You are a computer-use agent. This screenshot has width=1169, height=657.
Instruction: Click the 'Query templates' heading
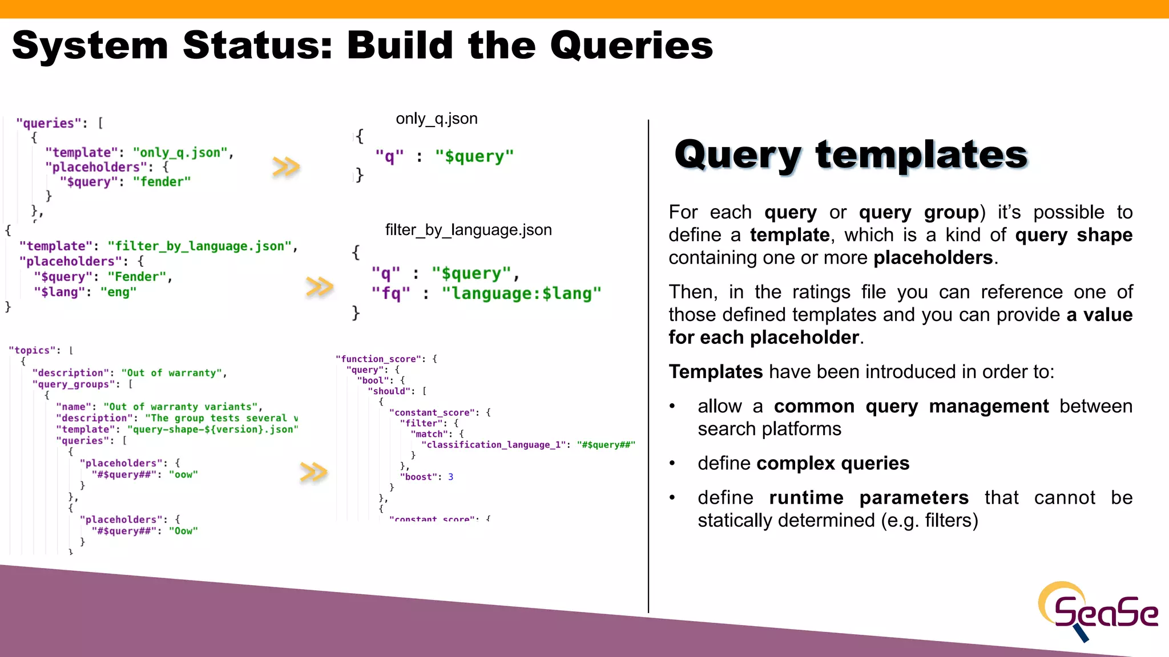(x=850, y=155)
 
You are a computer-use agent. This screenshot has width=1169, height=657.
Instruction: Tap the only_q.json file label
(x=437, y=119)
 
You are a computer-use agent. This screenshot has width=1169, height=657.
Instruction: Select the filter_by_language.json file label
(x=468, y=230)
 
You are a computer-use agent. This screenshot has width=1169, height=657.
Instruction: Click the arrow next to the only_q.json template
(x=286, y=167)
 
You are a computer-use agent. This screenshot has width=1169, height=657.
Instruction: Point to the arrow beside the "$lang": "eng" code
(x=320, y=286)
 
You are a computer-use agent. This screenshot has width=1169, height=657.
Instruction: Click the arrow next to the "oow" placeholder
(x=313, y=472)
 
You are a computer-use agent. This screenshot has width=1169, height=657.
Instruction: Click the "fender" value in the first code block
(x=162, y=182)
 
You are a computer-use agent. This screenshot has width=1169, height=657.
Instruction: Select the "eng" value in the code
(x=118, y=292)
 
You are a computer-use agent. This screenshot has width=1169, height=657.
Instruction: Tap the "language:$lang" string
(x=521, y=294)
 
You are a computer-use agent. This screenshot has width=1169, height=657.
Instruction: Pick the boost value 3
(x=450, y=477)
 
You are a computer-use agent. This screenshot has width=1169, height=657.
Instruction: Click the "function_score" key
(x=378, y=359)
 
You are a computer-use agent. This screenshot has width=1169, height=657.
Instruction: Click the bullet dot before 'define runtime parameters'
(x=672, y=498)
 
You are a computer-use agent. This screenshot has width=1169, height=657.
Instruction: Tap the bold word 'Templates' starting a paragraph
(x=715, y=372)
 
